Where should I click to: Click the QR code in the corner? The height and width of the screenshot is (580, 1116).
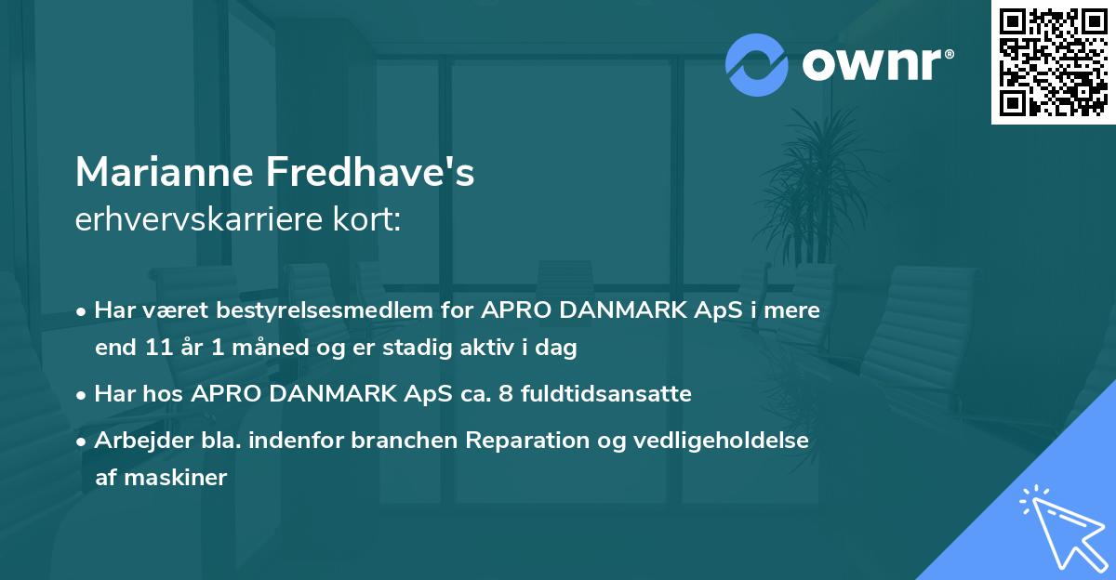1054,62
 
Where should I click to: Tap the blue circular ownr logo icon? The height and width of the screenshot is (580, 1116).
756,64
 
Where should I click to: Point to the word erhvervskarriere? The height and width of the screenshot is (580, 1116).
186,220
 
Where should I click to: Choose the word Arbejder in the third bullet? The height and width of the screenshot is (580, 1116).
137,440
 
